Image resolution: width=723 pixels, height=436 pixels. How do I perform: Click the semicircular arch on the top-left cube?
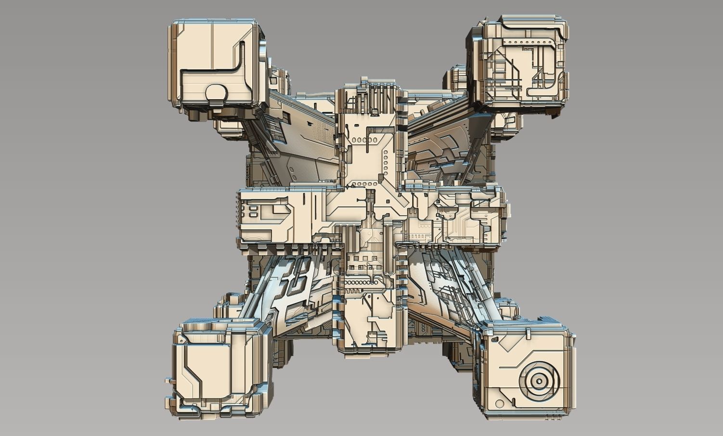coord(216,92)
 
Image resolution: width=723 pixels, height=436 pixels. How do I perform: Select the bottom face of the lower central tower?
coord(368,349)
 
